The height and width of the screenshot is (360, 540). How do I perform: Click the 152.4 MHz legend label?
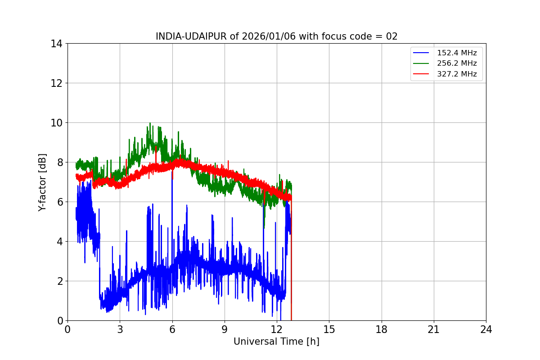pos(457,53)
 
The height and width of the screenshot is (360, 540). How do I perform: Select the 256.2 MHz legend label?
pos(457,63)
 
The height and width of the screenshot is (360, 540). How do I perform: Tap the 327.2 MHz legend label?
pos(457,74)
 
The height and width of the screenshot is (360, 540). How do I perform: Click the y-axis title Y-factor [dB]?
pos(42,182)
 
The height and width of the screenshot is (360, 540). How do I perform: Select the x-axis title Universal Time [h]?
pos(276,342)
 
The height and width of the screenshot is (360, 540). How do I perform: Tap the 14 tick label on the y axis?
pos(57,44)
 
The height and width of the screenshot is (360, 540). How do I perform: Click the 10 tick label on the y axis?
pos(57,123)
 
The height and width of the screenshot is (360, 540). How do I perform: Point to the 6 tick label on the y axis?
pos(59,202)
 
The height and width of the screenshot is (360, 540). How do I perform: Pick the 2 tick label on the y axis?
pos(59,281)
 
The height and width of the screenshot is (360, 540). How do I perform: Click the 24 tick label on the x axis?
pos(486,330)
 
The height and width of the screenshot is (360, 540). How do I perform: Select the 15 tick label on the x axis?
pos(329,330)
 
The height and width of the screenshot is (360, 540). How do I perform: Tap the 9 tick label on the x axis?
pos(225,330)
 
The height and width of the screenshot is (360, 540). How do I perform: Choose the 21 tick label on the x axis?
pos(434,330)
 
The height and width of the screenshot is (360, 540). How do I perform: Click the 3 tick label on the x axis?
pos(120,330)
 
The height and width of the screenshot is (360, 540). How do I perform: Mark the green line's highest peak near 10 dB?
pos(150,123)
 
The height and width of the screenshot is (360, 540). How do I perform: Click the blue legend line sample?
pos(422,53)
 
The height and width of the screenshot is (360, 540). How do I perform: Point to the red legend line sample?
pos(422,74)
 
